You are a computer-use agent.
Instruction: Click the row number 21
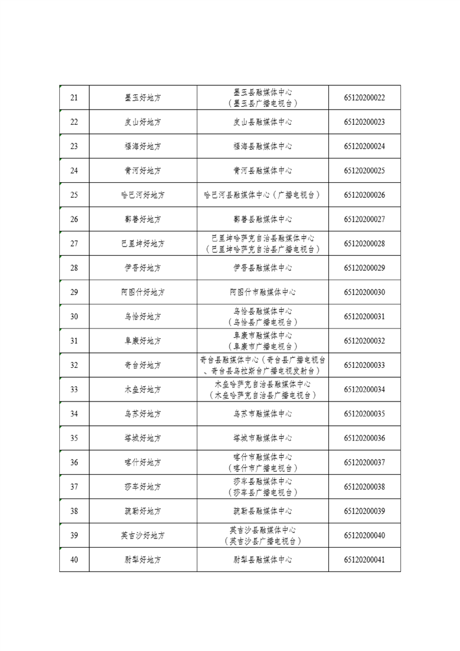point(74,97)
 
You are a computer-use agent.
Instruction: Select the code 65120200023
point(364,122)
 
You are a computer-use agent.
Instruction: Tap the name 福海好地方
point(143,146)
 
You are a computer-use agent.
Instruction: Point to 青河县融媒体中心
point(262,171)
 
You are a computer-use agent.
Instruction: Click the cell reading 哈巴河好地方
point(143,195)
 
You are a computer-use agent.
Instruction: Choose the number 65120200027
point(364,219)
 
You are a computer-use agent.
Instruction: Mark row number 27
point(74,244)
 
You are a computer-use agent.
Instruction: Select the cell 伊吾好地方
point(143,268)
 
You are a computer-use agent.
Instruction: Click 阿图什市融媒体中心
point(262,292)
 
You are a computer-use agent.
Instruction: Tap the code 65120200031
point(364,317)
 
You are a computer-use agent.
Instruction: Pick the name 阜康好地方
point(143,341)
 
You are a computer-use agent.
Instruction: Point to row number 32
point(74,366)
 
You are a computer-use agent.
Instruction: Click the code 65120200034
point(364,389)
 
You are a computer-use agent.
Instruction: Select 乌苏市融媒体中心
point(262,414)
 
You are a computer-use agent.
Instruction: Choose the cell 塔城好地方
point(143,438)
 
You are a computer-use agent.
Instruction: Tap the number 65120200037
point(364,462)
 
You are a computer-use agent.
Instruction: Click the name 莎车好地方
point(143,487)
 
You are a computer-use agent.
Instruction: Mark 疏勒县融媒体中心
point(262,511)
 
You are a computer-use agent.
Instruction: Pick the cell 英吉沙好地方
point(143,536)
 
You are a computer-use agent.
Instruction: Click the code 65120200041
point(364,560)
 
